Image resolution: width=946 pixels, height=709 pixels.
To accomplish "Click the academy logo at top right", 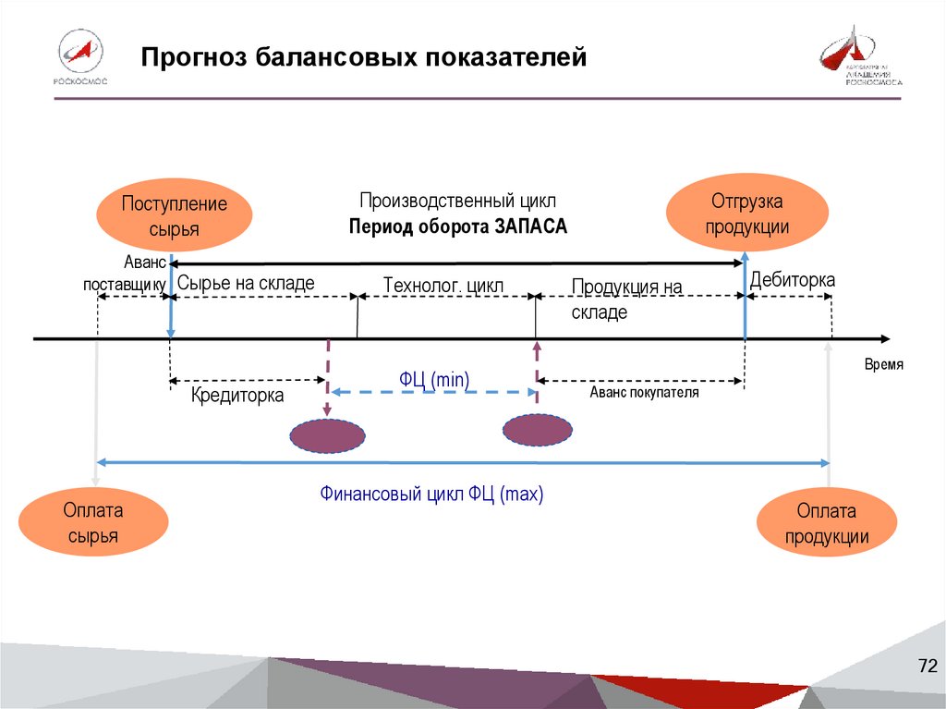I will click(x=860, y=57).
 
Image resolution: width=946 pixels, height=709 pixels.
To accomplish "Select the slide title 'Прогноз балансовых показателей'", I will click(x=364, y=58).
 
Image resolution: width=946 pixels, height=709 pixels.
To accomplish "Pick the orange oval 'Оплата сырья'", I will click(x=93, y=523).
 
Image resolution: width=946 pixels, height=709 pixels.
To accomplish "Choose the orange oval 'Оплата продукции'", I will click(x=827, y=523).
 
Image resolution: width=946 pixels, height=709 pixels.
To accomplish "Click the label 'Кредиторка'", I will click(x=237, y=396).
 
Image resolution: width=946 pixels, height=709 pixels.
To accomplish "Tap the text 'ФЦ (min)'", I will click(x=434, y=378).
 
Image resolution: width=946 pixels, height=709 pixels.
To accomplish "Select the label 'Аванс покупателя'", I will click(x=644, y=393).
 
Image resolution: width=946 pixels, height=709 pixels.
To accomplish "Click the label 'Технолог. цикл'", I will click(x=443, y=286).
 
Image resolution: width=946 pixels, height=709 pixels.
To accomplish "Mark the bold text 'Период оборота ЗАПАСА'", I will click(x=458, y=226).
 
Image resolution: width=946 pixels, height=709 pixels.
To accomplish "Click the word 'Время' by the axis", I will click(x=883, y=364).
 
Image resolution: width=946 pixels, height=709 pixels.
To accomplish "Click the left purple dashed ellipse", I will click(x=328, y=436).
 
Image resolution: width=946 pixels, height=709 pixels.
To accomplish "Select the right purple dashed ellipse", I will click(x=537, y=430).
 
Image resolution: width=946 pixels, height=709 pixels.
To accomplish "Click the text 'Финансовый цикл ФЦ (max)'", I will click(x=431, y=495).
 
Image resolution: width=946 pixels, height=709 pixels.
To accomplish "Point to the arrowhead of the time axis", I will click(x=885, y=339).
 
